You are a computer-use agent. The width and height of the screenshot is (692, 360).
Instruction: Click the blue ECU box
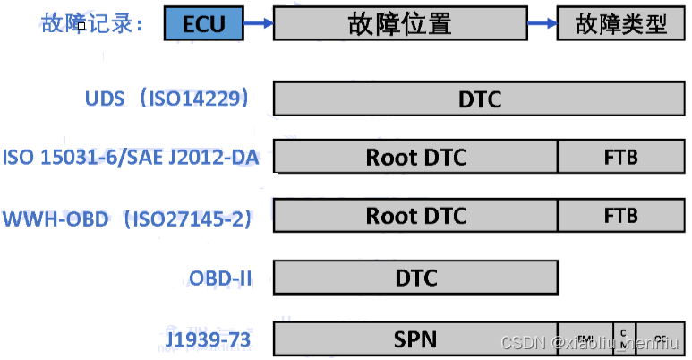tap(203, 23)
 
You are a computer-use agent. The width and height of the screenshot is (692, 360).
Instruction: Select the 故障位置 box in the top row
tap(399, 23)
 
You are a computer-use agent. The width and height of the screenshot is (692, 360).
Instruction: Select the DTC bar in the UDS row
tap(480, 99)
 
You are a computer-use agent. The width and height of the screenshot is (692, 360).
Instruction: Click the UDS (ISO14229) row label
tap(167, 98)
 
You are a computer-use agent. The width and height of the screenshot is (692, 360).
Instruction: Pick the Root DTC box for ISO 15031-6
tap(415, 157)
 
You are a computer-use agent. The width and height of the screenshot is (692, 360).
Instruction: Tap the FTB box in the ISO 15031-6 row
tap(620, 157)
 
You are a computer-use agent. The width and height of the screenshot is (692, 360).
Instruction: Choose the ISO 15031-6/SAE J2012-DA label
tap(131, 158)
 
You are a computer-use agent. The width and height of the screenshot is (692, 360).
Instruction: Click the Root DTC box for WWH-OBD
tap(415, 216)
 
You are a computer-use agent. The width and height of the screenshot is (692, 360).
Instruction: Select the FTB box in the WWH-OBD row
tap(620, 216)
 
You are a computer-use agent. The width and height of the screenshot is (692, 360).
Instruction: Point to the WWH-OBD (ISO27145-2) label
tap(127, 218)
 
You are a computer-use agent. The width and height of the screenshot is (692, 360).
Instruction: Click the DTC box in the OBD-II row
tap(415, 278)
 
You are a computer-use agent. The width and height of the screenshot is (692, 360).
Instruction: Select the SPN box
tap(415, 339)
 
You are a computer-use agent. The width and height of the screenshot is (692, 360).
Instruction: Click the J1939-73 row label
tap(209, 340)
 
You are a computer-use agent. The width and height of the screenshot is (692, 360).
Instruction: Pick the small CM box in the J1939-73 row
tap(624, 339)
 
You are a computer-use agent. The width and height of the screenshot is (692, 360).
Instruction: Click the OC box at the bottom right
tap(661, 339)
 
